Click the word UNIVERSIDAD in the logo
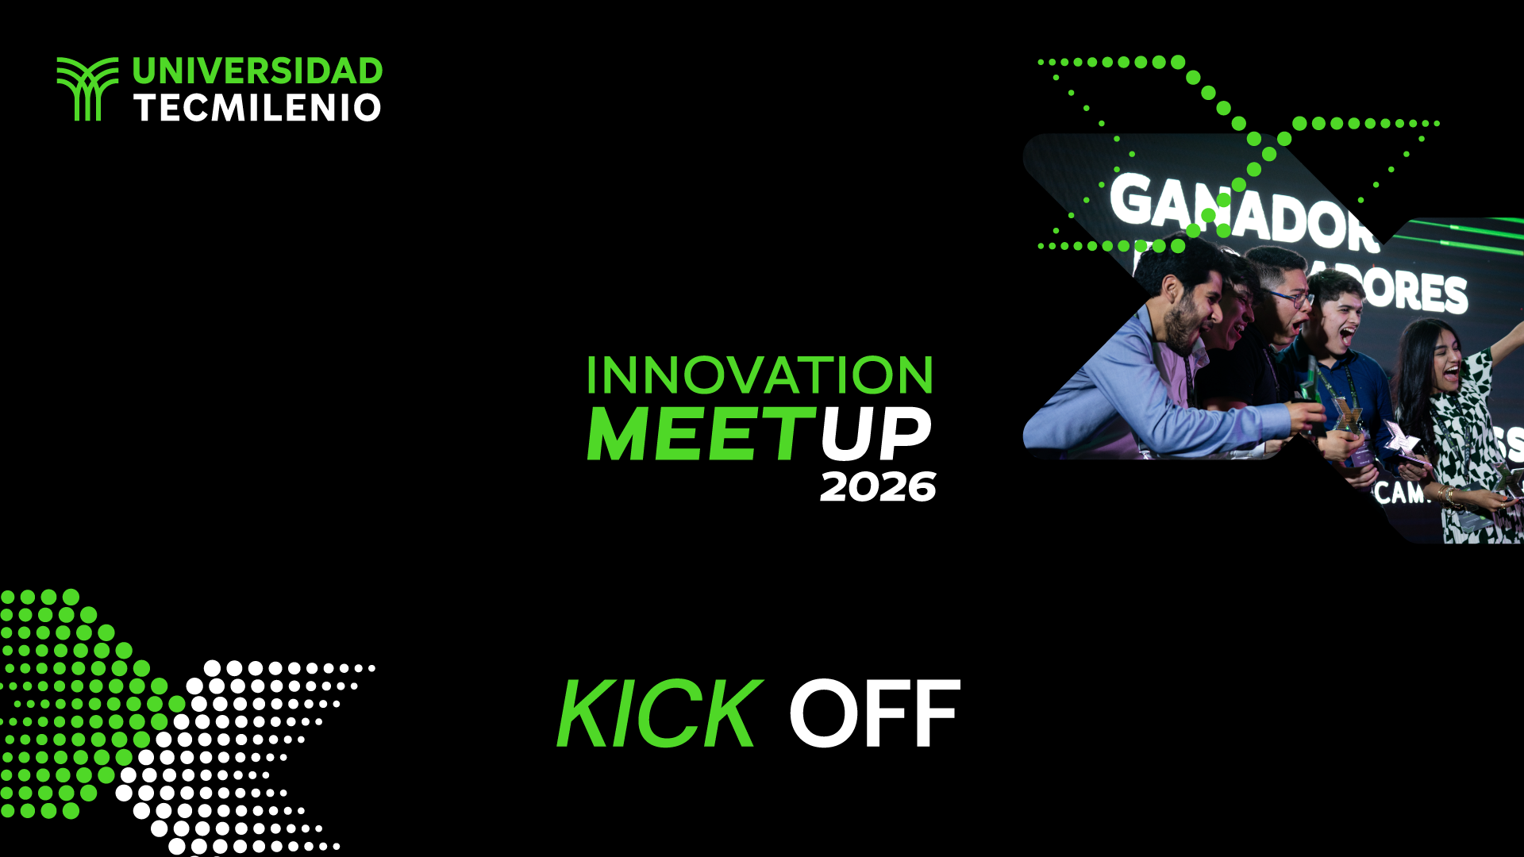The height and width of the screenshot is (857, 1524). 257,71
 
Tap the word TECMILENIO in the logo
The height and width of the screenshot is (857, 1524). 257,108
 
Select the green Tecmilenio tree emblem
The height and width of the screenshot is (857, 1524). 87,89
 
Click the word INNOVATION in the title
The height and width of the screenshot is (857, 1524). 760,375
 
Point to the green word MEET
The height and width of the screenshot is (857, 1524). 700,434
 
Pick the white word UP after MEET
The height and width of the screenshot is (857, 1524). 875,434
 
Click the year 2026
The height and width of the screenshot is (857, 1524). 878,486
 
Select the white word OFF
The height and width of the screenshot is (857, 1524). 874,714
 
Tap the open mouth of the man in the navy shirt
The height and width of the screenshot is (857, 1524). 1347,336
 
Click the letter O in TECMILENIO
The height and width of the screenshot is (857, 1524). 367,108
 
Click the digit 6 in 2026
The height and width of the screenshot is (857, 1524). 921,486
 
